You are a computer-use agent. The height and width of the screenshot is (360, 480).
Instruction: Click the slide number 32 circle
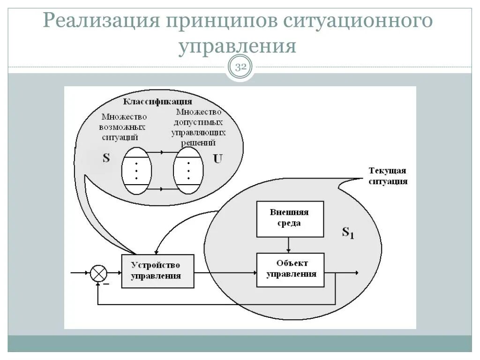click(240, 67)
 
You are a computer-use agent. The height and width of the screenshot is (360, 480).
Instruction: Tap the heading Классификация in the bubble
click(157, 102)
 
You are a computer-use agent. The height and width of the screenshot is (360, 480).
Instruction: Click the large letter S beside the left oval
click(106, 158)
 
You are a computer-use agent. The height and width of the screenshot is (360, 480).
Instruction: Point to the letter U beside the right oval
click(217, 159)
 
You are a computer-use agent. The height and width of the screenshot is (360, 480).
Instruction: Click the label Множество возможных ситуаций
click(124, 127)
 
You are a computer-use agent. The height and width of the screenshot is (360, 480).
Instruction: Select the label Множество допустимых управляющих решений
click(197, 127)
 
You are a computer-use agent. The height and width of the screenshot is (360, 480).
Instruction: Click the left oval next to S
click(136, 170)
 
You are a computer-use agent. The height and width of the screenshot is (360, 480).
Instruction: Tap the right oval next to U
click(188, 170)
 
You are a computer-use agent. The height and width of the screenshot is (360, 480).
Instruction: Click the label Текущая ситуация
click(388, 176)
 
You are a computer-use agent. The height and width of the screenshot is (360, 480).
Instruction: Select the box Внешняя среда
click(290, 219)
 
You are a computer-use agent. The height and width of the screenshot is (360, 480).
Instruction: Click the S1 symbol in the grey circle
click(347, 232)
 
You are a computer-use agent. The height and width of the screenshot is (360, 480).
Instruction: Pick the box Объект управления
click(290, 270)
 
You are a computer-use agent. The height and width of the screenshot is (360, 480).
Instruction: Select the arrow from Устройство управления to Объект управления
click(225, 272)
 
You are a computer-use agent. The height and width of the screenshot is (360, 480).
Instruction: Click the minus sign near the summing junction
click(106, 284)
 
